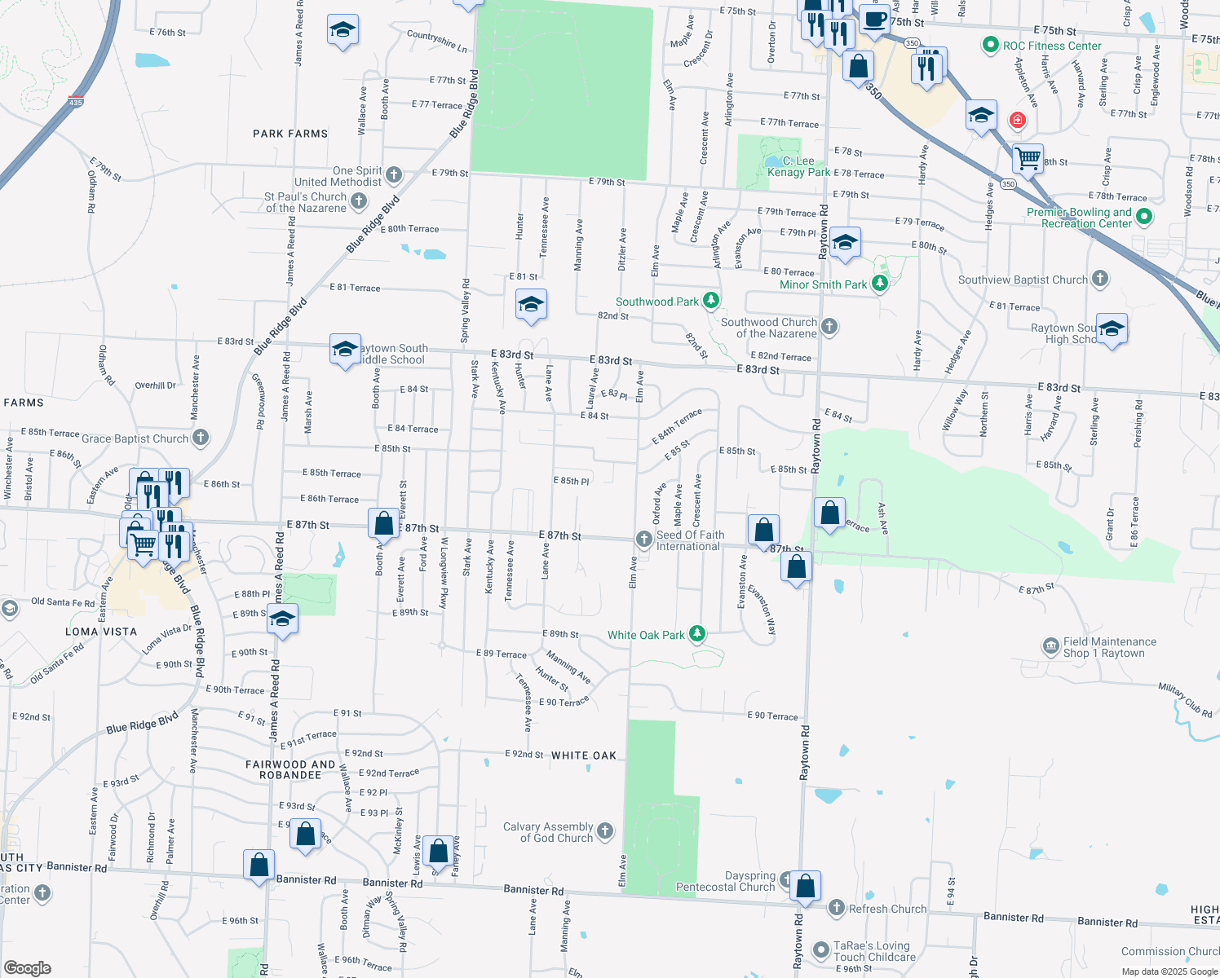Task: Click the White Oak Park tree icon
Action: [696, 634]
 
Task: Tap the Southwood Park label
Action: [657, 302]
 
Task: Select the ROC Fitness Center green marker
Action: [991, 46]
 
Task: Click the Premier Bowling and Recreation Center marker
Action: [1144, 217]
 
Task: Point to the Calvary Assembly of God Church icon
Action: [605, 831]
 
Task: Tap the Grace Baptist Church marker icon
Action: [201, 438]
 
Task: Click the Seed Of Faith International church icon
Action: [643, 539]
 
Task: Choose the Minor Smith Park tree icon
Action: [879, 284]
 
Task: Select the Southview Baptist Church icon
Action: [1100, 279]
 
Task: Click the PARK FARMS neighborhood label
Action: [290, 134]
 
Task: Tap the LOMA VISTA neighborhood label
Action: [101, 632]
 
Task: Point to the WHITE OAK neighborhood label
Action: [584, 756]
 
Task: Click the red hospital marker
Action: [1017, 121]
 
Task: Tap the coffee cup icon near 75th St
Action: [874, 20]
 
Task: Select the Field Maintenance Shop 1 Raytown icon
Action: [1051, 647]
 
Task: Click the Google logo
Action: [28, 967]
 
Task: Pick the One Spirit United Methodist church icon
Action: [394, 174]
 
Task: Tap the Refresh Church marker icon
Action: [837, 908]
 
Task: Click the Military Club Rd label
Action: [1185, 700]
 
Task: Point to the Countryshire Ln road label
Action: [437, 42]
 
